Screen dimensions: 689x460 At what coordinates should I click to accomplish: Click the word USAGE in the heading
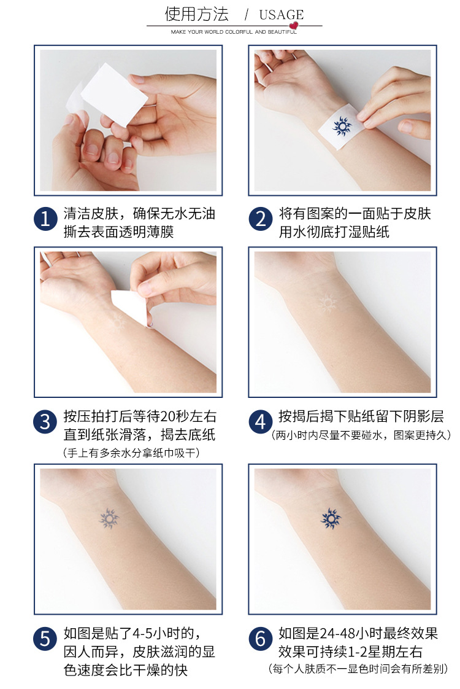[282, 15]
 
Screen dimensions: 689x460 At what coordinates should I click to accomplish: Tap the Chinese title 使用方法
[196, 14]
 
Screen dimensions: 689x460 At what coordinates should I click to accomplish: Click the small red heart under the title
[294, 26]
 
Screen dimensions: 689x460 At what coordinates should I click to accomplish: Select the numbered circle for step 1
[45, 219]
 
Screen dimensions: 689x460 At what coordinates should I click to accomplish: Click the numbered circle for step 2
[261, 219]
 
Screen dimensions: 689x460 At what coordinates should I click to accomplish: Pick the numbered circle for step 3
[45, 422]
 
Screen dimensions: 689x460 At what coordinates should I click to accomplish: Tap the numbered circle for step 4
[261, 422]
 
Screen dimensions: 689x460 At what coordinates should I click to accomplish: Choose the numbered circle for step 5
[45, 639]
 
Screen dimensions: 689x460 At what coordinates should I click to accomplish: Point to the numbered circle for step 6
[261, 639]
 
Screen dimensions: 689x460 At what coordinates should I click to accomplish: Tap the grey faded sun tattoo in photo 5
[109, 520]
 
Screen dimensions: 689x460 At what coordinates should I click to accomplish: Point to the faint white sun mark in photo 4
[327, 302]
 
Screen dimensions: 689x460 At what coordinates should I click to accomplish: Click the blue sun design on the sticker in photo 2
[341, 126]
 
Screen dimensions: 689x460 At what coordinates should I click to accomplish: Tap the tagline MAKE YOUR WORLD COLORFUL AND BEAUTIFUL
[234, 31]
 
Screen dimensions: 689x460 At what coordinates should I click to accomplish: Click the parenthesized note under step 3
[132, 453]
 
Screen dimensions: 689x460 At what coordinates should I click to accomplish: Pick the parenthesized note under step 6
[359, 668]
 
